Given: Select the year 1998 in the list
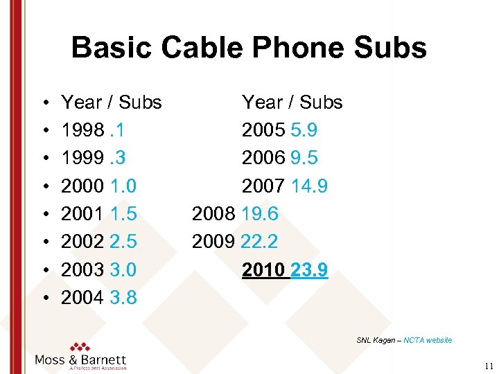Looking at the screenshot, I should click(x=80, y=130).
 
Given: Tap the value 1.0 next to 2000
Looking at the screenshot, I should click(x=122, y=186).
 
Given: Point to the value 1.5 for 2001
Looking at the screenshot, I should click(x=122, y=214).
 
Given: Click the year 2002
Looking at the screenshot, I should click(x=80, y=242).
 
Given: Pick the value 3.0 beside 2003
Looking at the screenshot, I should click(x=122, y=269).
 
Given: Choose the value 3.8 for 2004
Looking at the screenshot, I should click(x=122, y=298).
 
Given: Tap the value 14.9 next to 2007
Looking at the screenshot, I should click(x=309, y=186).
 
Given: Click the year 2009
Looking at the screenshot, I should click(x=213, y=242).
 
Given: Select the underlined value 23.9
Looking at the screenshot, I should click(x=310, y=269).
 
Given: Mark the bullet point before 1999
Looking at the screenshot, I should click(x=44, y=159).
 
